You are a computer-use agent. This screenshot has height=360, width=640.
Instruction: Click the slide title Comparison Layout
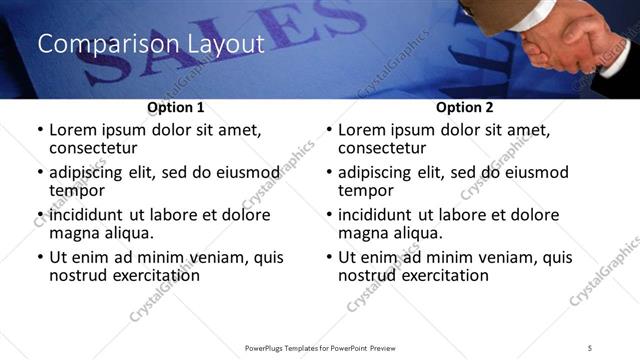click(150, 45)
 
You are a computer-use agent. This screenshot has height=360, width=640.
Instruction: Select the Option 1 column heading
click(176, 107)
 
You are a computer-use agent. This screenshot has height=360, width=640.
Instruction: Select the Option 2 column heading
click(465, 107)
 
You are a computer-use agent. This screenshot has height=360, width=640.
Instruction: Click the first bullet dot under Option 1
click(40, 131)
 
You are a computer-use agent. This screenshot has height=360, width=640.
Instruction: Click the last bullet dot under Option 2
click(329, 257)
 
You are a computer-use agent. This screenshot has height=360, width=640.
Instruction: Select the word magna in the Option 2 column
click(364, 233)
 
